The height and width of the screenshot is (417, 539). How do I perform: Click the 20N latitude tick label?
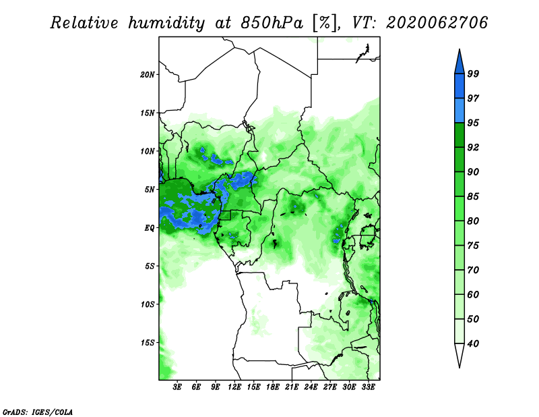click(x=148, y=75)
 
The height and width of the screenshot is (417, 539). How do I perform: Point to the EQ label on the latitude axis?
click(x=149, y=228)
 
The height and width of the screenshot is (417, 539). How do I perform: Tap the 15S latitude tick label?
click(x=148, y=343)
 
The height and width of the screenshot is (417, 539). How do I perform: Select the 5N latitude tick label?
click(x=150, y=190)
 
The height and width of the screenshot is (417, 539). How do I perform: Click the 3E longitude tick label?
click(x=177, y=387)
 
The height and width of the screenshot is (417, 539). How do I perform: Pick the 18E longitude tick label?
click(x=273, y=387)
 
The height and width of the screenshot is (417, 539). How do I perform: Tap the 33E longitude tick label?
click(x=368, y=387)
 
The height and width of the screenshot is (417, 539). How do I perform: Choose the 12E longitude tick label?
click(x=234, y=387)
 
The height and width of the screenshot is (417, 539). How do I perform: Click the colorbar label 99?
click(x=473, y=74)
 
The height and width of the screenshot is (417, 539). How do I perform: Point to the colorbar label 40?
click(x=473, y=343)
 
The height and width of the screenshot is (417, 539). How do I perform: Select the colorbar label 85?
click(x=473, y=196)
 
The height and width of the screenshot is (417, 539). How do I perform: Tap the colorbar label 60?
click(x=473, y=294)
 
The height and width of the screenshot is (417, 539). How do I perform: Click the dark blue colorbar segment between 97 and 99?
click(x=459, y=86)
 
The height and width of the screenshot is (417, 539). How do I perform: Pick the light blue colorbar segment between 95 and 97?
click(x=459, y=111)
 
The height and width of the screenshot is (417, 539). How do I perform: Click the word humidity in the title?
click(x=166, y=23)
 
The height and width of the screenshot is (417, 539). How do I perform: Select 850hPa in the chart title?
click(x=272, y=23)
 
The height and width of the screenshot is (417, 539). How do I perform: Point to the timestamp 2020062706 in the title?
click(x=437, y=23)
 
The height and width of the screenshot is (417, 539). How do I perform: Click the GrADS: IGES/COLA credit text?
click(x=38, y=412)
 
